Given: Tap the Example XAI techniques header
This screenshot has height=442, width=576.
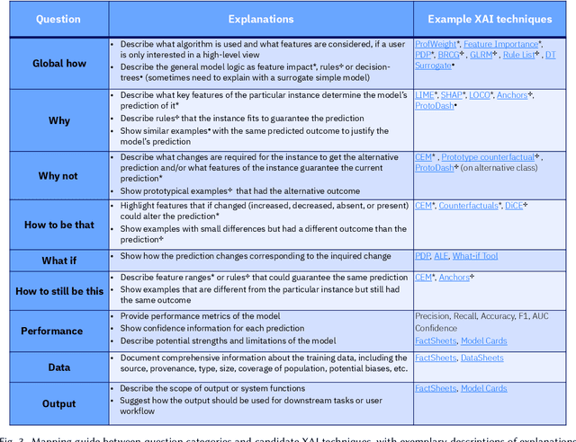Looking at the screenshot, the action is pos(490,18).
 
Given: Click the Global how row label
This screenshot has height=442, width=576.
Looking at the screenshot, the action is pos(59,64).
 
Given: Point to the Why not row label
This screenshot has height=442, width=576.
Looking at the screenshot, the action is pos(59,176).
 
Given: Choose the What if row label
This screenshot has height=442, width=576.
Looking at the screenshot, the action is pos(59,260).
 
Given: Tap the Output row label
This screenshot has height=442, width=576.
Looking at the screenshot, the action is pos(59,403).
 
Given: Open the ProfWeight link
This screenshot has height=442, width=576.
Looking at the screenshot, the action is pos(436,44).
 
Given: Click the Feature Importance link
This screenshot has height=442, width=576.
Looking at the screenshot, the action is pos(500,44).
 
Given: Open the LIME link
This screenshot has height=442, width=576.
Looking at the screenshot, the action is pos(425,94).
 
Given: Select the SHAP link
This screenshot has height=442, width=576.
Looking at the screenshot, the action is pos(453,94).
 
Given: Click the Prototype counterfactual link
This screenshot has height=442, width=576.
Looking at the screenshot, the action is pos(489,156).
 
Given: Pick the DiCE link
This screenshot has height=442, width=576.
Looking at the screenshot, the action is pos(516,206).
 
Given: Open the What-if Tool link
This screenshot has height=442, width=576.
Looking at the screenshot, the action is pos(475,256).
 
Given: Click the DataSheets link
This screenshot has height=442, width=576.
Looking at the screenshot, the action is pos(482,358).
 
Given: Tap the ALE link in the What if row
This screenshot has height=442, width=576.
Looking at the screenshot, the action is pos(441,256).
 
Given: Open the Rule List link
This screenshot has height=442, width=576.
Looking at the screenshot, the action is pos(520,55).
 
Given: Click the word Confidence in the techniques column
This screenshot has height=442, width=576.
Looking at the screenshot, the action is pos(436,328).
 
